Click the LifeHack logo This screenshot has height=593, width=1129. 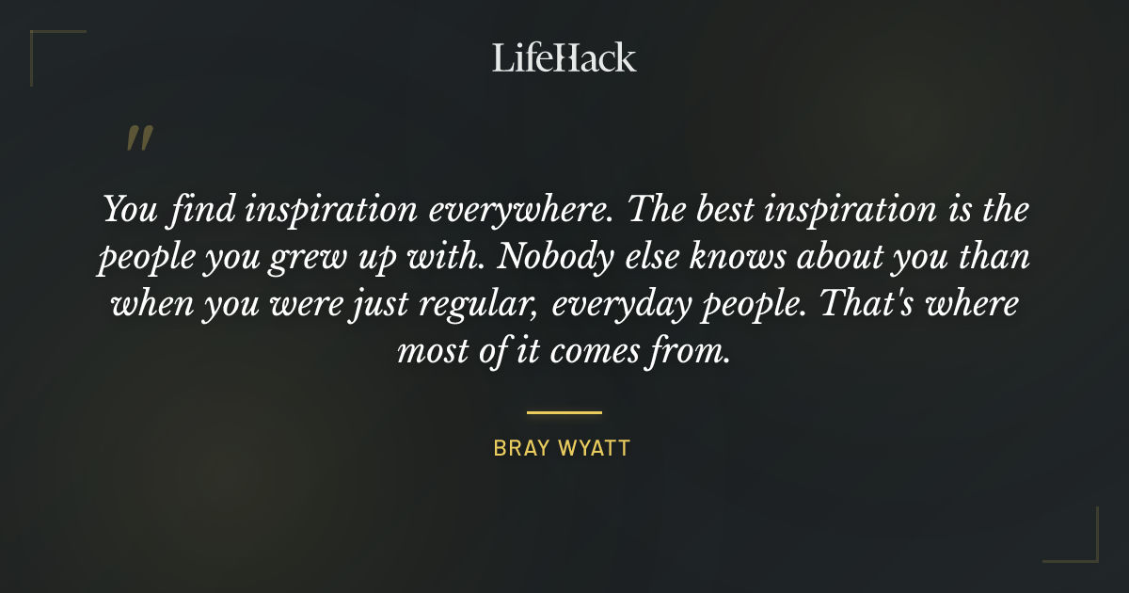pyautogui.click(x=564, y=57)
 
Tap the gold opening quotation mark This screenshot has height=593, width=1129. pyautogui.click(x=138, y=138)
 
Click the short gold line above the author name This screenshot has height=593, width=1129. pyautogui.click(x=564, y=412)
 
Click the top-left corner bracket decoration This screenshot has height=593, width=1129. pyautogui.click(x=42, y=42)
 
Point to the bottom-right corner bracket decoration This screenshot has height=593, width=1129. pyautogui.click(x=1086, y=550)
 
